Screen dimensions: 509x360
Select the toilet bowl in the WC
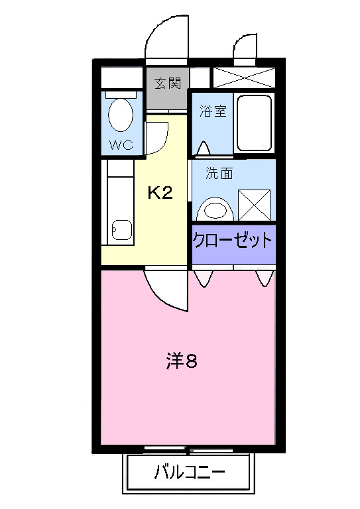pyautogui.click(x=120, y=114)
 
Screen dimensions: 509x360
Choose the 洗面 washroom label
pyautogui.click(x=219, y=174)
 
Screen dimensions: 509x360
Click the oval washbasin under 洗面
pyautogui.click(x=215, y=209)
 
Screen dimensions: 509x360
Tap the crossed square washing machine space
pyautogui.click(x=254, y=205)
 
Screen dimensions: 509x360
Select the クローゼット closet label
pyautogui.click(x=233, y=239)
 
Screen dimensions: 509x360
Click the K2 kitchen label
pyautogui.click(x=160, y=193)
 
